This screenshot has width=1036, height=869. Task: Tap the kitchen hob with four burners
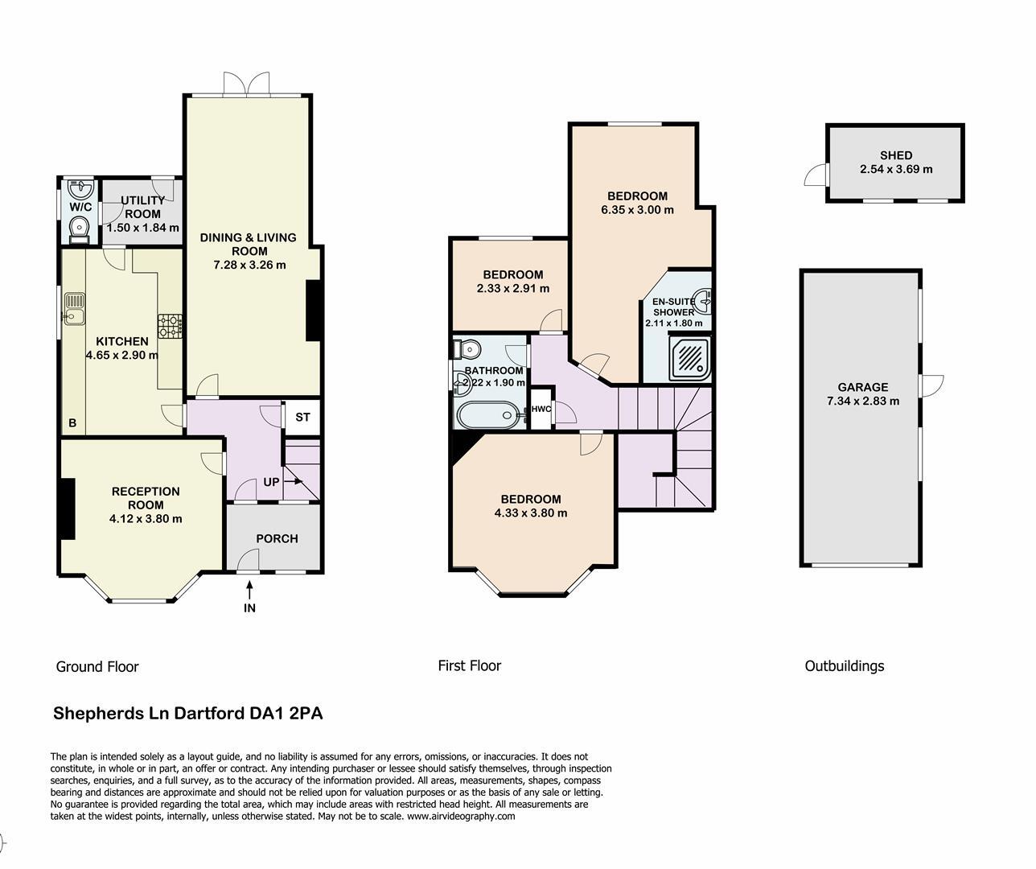click(x=171, y=325)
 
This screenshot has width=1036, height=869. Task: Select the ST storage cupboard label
click(x=302, y=418)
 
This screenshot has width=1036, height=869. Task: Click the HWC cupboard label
click(x=541, y=409)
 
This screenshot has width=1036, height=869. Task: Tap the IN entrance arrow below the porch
click(x=249, y=599)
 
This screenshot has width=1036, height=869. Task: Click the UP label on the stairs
click(x=271, y=483)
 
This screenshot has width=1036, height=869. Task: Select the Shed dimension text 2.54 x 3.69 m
click(x=896, y=170)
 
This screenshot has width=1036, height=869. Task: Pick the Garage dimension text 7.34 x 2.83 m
click(x=862, y=401)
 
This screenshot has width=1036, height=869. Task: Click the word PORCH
click(x=277, y=538)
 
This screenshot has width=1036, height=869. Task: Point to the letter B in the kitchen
click(x=72, y=422)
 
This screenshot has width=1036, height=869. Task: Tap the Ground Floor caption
click(x=97, y=667)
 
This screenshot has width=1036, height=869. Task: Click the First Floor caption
click(x=469, y=665)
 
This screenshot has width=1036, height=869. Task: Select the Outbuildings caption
click(x=844, y=666)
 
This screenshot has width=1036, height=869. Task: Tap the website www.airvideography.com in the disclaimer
click(x=461, y=816)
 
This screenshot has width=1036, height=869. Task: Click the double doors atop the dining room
click(x=247, y=84)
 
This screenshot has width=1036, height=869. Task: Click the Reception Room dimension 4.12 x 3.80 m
click(x=146, y=519)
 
